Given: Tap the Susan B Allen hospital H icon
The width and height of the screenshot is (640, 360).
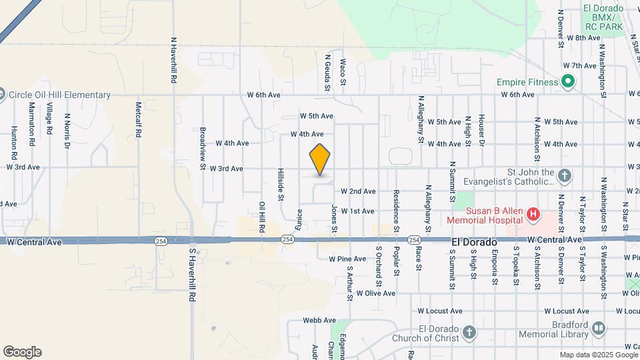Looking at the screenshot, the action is click(533, 214).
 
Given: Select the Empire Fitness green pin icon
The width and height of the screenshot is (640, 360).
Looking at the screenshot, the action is click(567, 82).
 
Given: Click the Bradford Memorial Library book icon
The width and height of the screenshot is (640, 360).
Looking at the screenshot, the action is click(598, 328).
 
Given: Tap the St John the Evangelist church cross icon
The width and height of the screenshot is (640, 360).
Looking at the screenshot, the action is click(564, 176).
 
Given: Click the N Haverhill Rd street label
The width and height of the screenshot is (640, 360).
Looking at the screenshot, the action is click(173, 60).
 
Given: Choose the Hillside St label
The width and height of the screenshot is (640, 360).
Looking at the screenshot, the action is click(281, 185).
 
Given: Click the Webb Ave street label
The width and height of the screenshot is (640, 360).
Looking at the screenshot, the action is click(319, 320).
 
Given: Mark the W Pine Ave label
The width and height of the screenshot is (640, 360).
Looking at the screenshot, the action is click(347, 259).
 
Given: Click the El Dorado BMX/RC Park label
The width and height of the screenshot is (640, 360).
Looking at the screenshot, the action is click(603, 17).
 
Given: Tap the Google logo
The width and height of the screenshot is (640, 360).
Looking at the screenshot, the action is click(22, 352).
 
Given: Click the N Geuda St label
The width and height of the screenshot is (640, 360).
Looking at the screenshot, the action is click(327, 73).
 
